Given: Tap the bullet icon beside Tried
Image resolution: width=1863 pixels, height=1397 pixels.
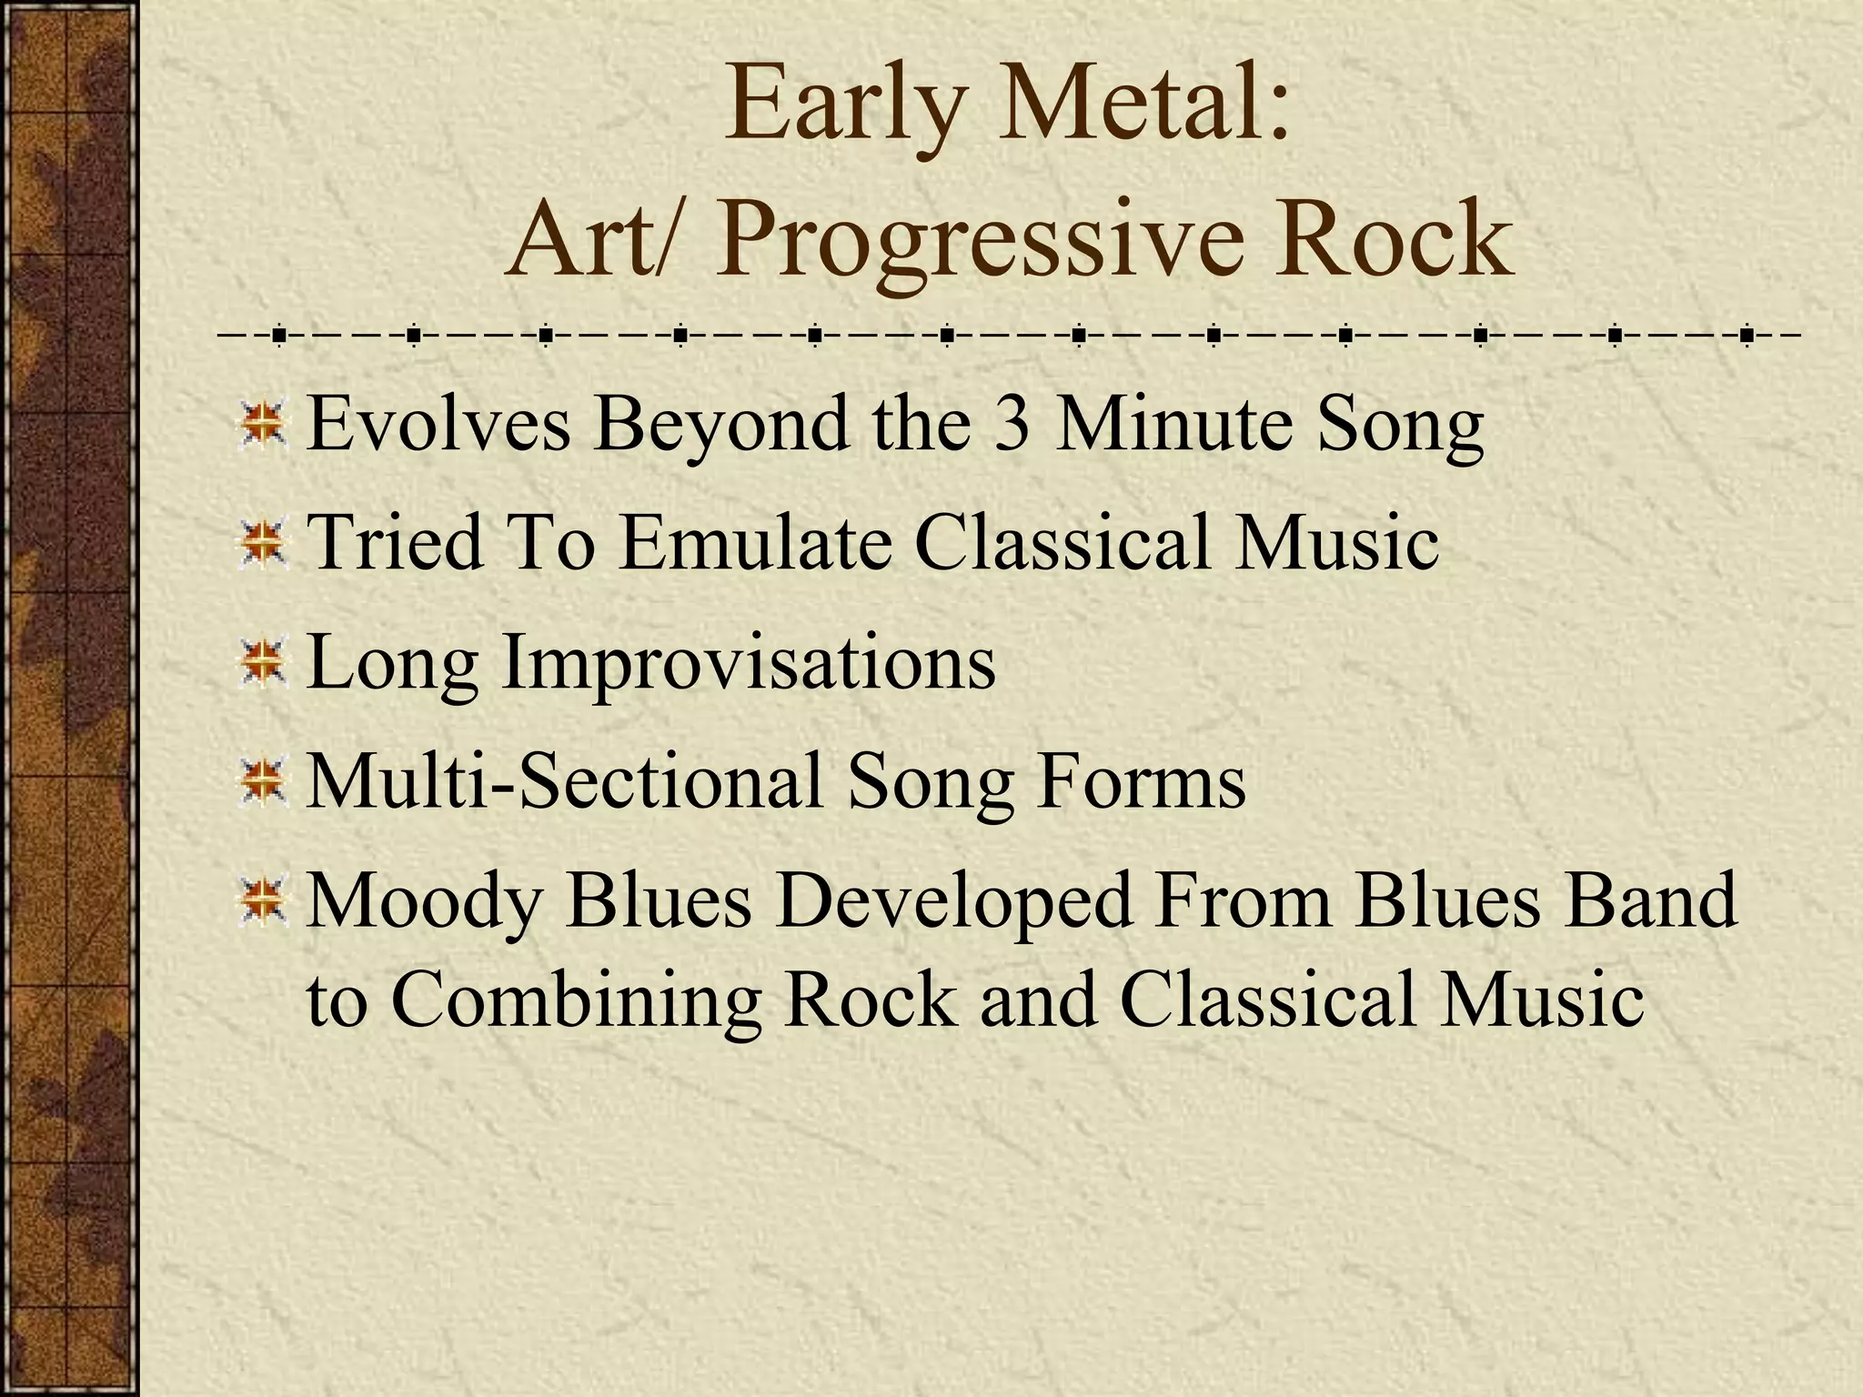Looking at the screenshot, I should coord(263,544).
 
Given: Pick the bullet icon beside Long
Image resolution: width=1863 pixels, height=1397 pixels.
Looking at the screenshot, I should coord(263,663).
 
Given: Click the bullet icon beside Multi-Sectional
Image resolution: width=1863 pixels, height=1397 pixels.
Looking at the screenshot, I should coord(263,781).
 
